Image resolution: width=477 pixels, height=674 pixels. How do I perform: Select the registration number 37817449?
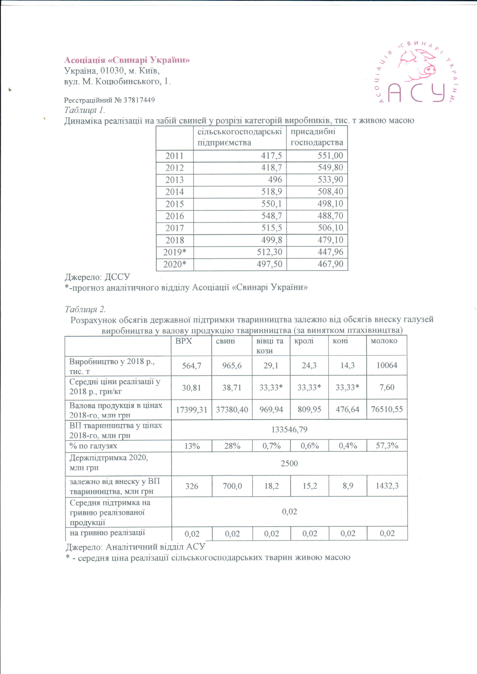coord(139,100)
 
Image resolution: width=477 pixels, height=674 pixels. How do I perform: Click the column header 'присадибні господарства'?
coord(317,137)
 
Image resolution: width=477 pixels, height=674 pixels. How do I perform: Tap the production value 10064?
coord(387,366)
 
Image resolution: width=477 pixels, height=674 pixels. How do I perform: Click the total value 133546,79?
coord(289,430)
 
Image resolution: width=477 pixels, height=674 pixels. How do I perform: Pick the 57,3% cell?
coord(387,446)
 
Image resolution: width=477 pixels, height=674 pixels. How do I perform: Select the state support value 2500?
coord(289,464)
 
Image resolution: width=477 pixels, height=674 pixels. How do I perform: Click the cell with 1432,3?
coord(387,486)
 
